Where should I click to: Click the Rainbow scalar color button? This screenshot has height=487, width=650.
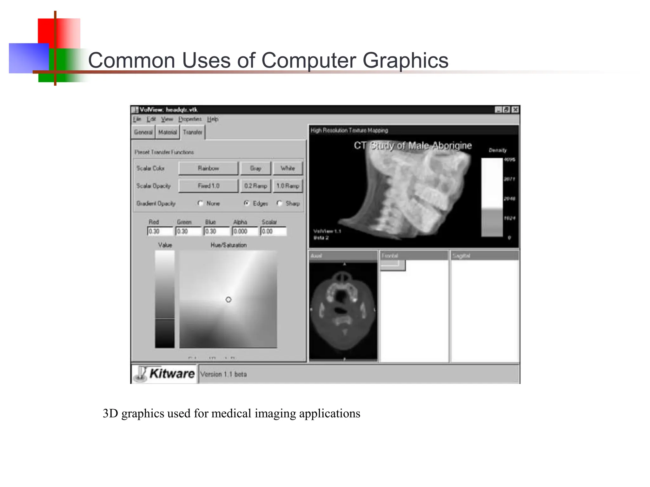pyautogui.click(x=208, y=168)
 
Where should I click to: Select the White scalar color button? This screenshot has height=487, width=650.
pyautogui.click(x=288, y=168)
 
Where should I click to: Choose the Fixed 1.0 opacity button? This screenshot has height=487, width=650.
pyautogui.click(x=208, y=186)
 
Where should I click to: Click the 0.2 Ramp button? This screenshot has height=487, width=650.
pyautogui.click(x=255, y=186)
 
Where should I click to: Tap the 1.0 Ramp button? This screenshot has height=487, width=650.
pyautogui.click(x=288, y=186)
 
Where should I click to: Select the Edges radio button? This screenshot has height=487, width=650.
pyautogui.click(x=247, y=203)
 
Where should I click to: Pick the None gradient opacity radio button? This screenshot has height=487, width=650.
pyautogui.click(x=200, y=203)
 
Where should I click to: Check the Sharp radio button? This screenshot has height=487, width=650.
pyautogui.click(x=279, y=203)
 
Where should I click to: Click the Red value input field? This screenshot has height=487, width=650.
pyautogui.click(x=160, y=231)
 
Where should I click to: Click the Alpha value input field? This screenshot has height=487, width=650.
pyautogui.click(x=245, y=231)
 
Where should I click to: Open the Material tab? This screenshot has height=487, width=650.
pyautogui.click(x=167, y=132)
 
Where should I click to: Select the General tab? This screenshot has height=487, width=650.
pyautogui.click(x=143, y=132)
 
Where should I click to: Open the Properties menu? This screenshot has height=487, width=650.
pyautogui.click(x=190, y=119)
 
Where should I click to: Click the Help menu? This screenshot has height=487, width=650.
pyautogui.click(x=213, y=119)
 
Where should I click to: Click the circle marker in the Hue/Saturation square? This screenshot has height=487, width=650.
pyautogui.click(x=229, y=300)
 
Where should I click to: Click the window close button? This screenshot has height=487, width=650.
pyautogui.click(x=515, y=110)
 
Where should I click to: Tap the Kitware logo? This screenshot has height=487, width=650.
pyautogui.click(x=164, y=374)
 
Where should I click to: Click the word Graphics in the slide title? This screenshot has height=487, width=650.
pyautogui.click(x=405, y=60)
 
